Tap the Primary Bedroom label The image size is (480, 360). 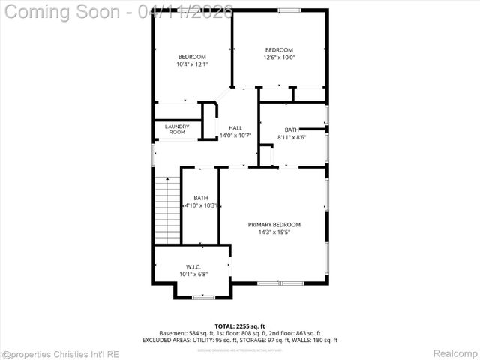click(x=274, y=224)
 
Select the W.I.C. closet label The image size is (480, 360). click(x=192, y=267)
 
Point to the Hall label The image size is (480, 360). click(x=235, y=127)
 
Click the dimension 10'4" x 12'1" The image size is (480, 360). click(x=192, y=64)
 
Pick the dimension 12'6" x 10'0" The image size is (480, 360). click(x=278, y=57)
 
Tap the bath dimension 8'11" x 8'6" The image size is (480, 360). click(x=292, y=137)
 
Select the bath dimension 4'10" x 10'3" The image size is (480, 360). click(x=201, y=205)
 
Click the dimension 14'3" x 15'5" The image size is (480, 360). click(x=274, y=232)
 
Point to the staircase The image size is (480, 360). click(x=167, y=211)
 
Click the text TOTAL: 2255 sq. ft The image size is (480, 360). click(x=239, y=326)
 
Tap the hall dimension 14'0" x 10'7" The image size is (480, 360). click(x=235, y=136)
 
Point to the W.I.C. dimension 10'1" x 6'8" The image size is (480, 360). click(x=192, y=274)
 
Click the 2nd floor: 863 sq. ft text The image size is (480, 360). click(x=295, y=333)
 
